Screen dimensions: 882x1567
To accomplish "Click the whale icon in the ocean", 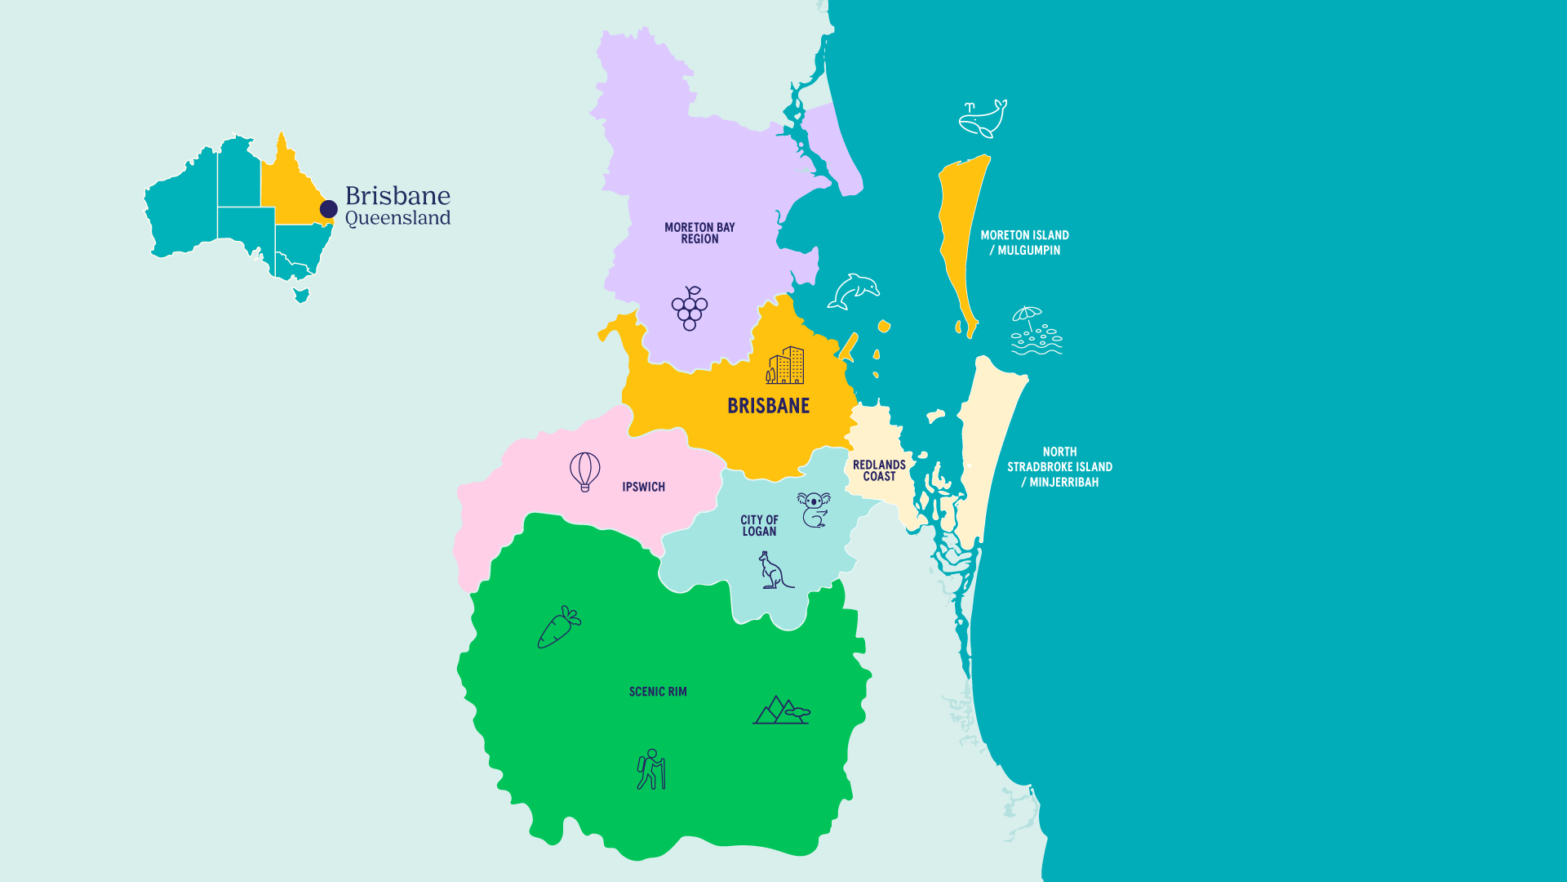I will pos(983,119).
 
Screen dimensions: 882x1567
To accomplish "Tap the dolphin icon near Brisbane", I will pos(854,292).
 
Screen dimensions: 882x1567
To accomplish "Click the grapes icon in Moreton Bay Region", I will pos(690,309).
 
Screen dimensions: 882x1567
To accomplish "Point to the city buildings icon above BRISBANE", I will pos(785,366).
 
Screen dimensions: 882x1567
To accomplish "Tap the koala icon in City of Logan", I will pos(814,510).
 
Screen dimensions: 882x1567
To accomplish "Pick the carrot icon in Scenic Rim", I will pos(558,628).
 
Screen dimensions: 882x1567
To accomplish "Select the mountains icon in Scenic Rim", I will pos(781,710).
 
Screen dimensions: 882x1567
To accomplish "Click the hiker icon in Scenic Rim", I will pos(651,769).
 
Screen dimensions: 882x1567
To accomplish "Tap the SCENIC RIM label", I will pos(658,692).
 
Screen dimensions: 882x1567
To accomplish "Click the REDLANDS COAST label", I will pos(879,470).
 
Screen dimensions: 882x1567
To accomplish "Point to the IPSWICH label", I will pos(643,487).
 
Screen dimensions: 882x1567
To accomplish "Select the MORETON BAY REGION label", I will pos(699,233).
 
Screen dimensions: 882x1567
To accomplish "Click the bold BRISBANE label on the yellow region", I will pos(768,406).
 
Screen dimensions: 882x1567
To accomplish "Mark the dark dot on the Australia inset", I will pos(329,209).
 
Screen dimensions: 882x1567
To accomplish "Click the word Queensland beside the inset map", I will pos(397,218).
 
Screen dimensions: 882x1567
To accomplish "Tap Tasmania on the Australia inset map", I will pos(301,295).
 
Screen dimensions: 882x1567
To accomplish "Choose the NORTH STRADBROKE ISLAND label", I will pos(1059,466).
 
